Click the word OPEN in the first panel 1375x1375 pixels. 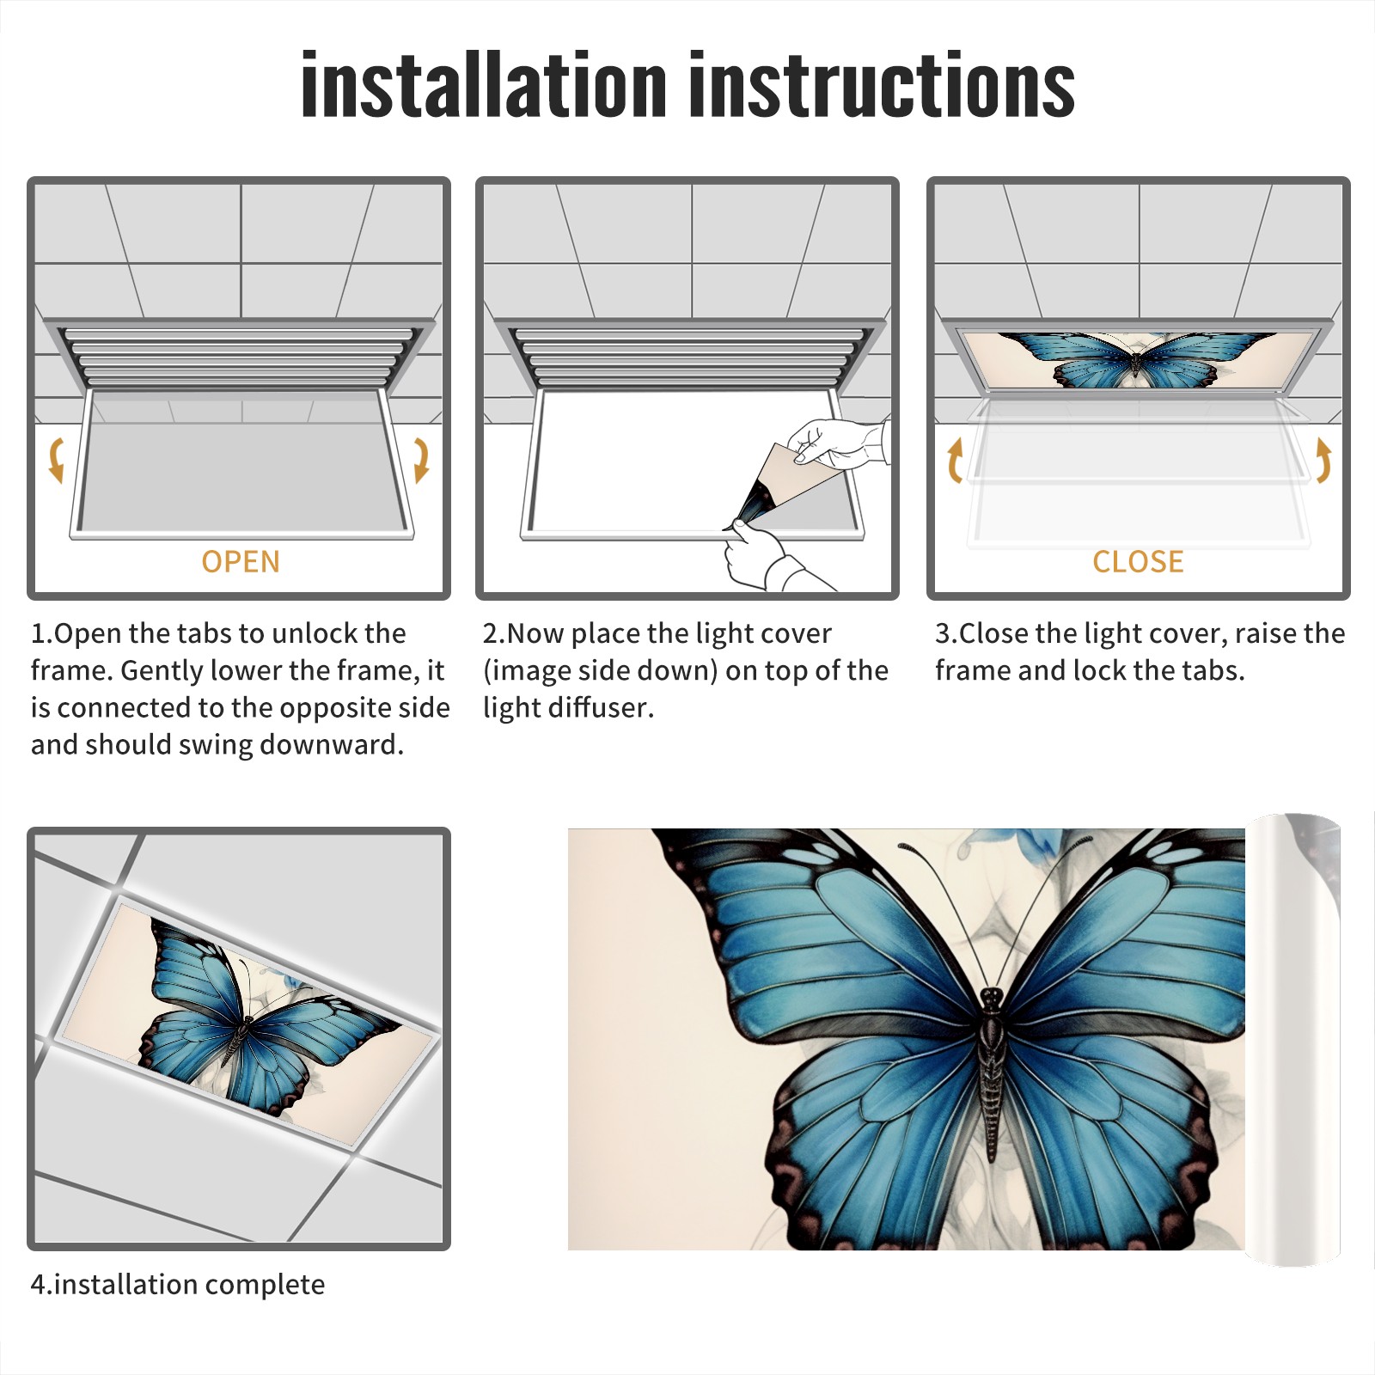(241, 562)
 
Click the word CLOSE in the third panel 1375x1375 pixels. (1138, 562)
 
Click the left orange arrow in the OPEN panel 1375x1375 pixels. (56, 460)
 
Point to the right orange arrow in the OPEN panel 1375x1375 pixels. (421, 460)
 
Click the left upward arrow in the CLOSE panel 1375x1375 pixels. (954, 460)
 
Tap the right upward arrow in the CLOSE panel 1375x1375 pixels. (1323, 460)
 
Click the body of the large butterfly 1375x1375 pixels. (992, 1074)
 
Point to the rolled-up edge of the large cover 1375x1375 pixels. (1293, 1040)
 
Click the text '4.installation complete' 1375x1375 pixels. (178, 1285)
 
